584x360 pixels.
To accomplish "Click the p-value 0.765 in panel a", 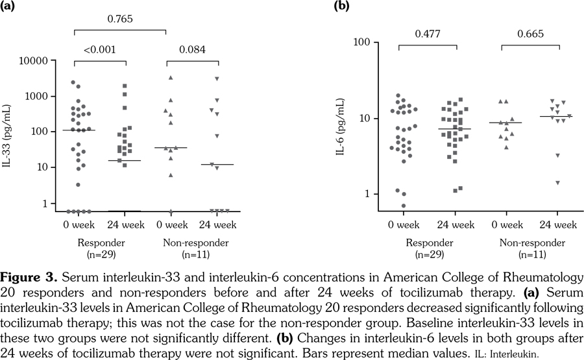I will (120, 19).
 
